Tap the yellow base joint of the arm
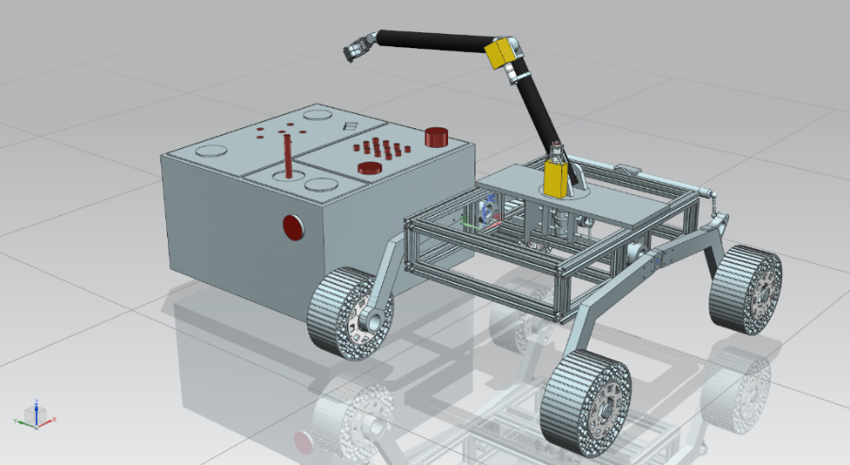click(x=556, y=176)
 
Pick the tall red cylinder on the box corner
click(x=436, y=137)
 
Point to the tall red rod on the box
click(x=287, y=155)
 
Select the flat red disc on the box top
click(x=369, y=168)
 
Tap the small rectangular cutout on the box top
click(x=350, y=125)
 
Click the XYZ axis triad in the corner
click(x=36, y=412)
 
